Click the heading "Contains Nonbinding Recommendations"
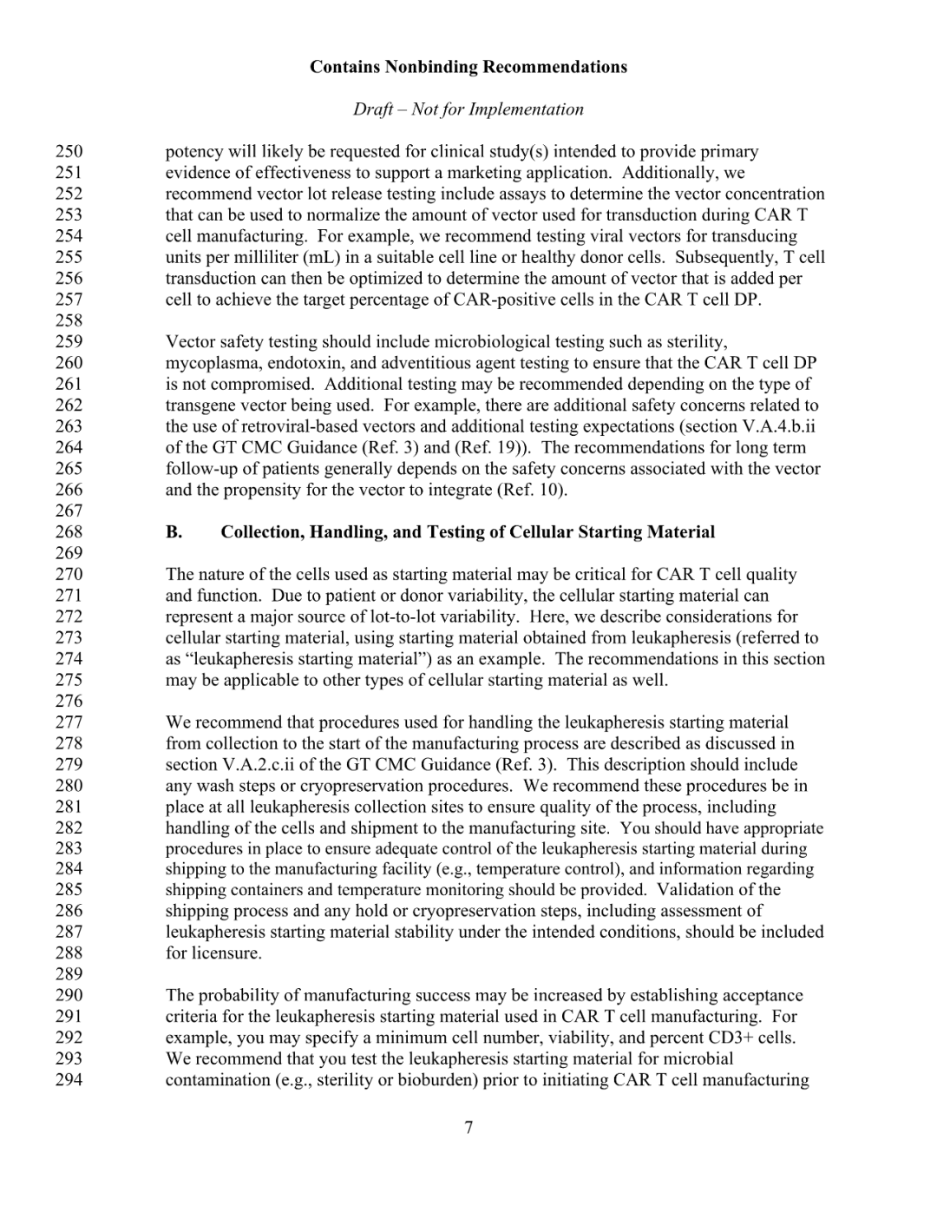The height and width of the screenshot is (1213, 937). [x=468, y=67]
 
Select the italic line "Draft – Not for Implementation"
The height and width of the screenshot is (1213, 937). [x=468, y=109]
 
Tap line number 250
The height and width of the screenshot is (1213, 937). [x=69, y=152]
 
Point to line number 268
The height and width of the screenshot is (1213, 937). [x=69, y=532]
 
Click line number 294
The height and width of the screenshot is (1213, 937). [x=69, y=1080]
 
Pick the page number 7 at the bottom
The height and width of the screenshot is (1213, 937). [x=468, y=1128]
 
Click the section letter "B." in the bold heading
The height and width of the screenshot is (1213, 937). [x=174, y=532]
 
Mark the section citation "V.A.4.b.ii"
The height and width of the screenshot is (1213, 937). [x=779, y=426]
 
